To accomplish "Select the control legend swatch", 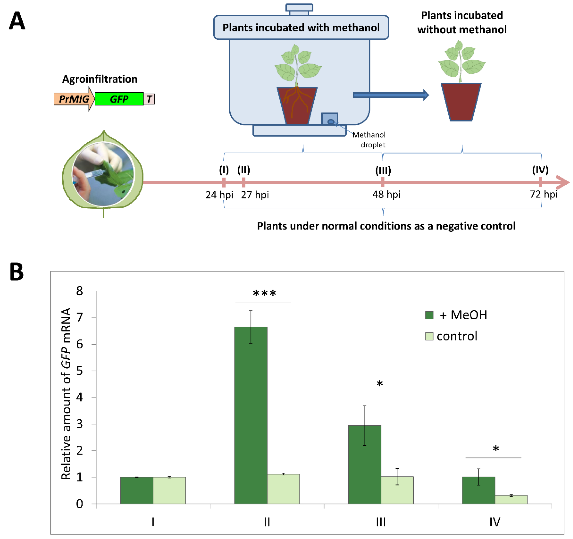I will coord(429,336).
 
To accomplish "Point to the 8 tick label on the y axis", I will coord(80,291).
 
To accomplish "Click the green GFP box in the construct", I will coord(119,99).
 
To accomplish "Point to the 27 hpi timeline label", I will coord(255,195).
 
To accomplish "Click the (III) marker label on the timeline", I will coord(383,170).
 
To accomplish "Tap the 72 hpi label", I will coord(544,194).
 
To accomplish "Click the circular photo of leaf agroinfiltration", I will coord(103,174).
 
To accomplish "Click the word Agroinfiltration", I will coord(100,79).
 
